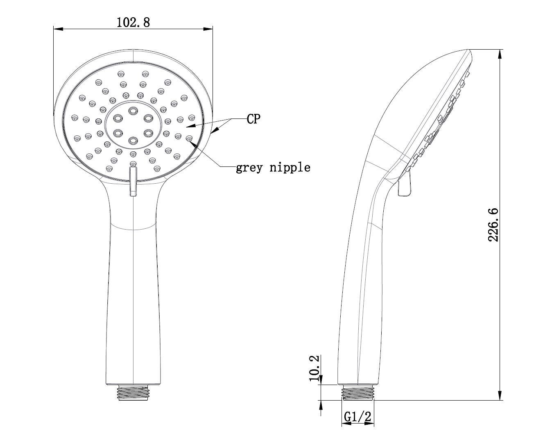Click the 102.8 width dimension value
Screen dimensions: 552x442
133,22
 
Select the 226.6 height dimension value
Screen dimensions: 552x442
493,225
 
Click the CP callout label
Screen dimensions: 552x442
253,118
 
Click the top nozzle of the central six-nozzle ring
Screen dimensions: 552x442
133,111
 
